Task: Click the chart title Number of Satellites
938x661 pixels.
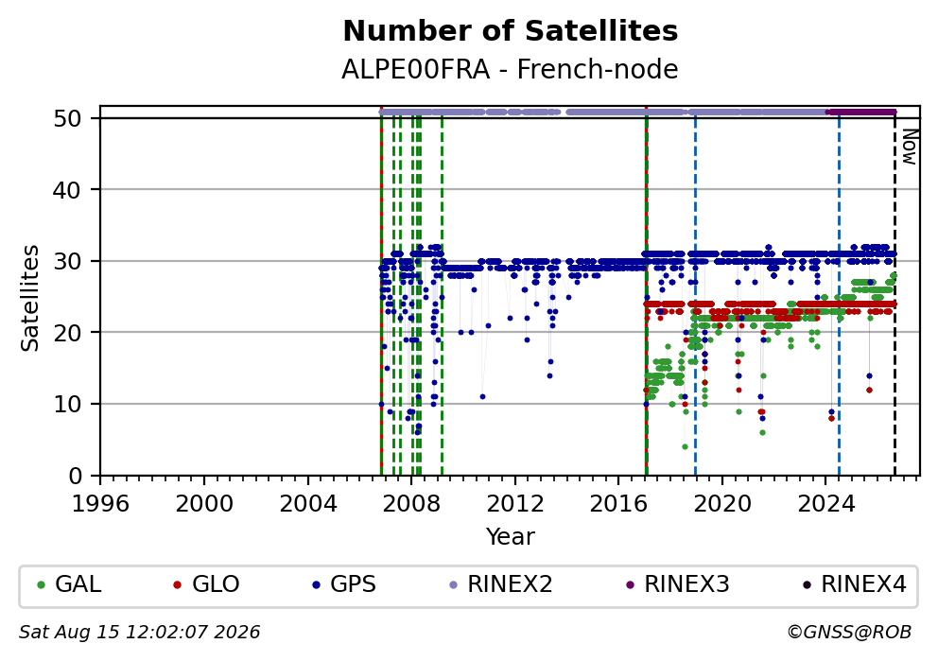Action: click(511, 31)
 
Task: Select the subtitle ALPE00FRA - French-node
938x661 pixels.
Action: click(510, 69)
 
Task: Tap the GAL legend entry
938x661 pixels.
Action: click(69, 583)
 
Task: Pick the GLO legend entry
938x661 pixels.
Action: click(206, 583)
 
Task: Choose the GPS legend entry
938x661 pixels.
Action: click(344, 583)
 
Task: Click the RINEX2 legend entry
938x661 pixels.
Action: click(501, 583)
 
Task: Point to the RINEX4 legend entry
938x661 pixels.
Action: click(855, 583)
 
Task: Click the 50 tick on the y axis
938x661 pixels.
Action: click(67, 118)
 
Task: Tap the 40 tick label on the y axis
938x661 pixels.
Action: click(67, 190)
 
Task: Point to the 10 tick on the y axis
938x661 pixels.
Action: click(67, 404)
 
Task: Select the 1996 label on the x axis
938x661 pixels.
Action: click(100, 504)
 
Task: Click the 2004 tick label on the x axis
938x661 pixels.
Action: click(308, 504)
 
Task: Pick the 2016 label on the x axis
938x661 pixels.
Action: click(618, 504)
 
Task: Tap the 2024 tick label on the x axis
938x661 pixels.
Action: click(826, 504)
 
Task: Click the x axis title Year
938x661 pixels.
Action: click(511, 536)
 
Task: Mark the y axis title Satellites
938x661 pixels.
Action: click(29, 298)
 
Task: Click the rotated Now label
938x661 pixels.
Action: click(910, 147)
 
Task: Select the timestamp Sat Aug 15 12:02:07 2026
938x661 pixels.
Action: click(139, 633)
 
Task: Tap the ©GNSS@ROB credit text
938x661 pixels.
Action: click(849, 633)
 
